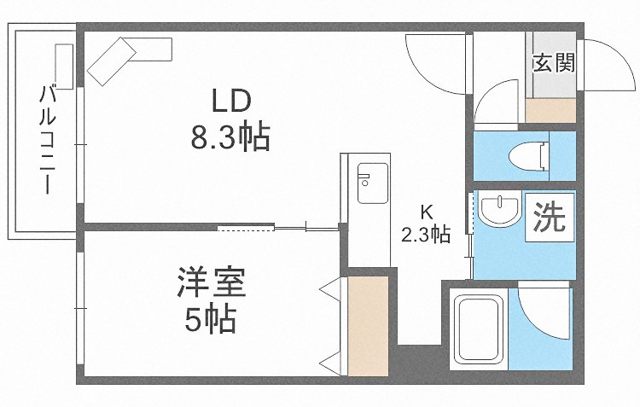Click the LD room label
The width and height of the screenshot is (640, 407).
[x=230, y=102]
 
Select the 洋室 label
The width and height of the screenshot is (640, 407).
[x=211, y=282]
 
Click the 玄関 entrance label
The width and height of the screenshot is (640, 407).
[x=554, y=63]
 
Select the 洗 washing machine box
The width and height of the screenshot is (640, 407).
[x=550, y=218]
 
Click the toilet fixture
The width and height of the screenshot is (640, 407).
[x=528, y=156]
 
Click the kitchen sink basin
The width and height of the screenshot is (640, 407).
[x=373, y=183]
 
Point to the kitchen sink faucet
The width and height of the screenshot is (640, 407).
[x=364, y=178]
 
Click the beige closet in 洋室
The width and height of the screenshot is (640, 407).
[x=367, y=326]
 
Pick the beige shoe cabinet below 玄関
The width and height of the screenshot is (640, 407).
[x=550, y=110]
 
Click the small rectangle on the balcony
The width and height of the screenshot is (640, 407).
[x=64, y=67]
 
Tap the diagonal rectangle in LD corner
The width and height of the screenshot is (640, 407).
[x=112, y=61]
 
